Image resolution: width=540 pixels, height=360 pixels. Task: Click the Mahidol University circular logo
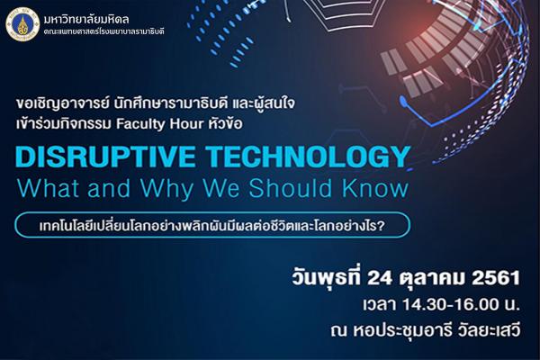pos(22,25)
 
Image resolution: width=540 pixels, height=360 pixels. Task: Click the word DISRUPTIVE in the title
pos(105,157)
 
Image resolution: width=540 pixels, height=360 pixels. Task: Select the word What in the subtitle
pos(49,188)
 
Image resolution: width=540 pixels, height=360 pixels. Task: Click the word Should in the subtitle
pos(290,188)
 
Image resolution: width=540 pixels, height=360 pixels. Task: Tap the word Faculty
pos(140,124)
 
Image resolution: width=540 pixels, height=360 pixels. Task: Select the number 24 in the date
pos(379,278)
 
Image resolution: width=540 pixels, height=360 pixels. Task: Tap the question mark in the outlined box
pos(380,226)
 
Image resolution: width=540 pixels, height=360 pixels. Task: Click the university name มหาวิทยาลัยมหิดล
pos(86,19)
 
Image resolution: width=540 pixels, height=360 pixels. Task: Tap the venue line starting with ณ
pos(425,331)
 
